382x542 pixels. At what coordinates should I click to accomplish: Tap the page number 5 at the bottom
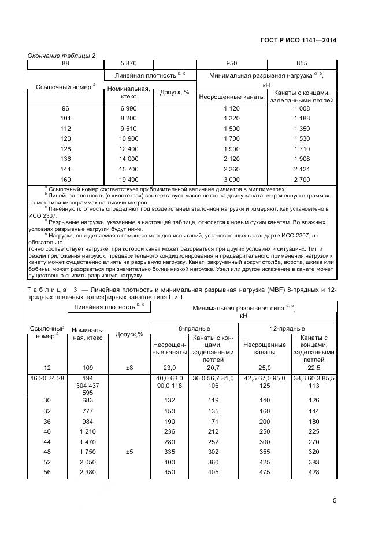(335, 501)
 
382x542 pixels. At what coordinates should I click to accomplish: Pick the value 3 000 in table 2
(231, 180)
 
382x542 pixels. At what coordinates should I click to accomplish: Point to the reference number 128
(65, 149)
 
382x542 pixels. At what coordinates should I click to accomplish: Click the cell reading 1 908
(302, 159)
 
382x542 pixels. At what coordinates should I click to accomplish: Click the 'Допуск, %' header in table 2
(175, 91)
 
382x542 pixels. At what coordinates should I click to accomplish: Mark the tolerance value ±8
(129, 368)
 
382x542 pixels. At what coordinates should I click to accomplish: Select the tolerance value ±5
(129, 451)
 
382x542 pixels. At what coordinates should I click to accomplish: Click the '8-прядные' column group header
(194, 328)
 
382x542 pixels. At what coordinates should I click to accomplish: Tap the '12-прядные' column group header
(287, 328)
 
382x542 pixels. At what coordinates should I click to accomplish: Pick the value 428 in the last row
(314, 473)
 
